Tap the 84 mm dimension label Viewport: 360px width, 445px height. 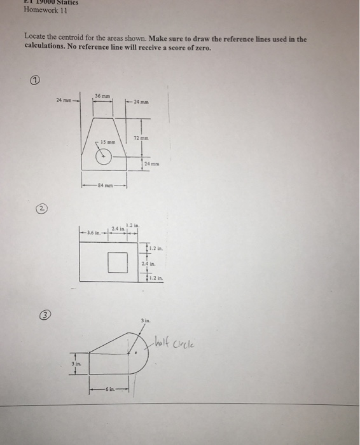(104, 186)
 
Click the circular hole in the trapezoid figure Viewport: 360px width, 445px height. (104, 155)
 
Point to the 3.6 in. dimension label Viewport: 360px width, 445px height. (92, 233)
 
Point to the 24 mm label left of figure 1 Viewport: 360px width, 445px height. (64, 100)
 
